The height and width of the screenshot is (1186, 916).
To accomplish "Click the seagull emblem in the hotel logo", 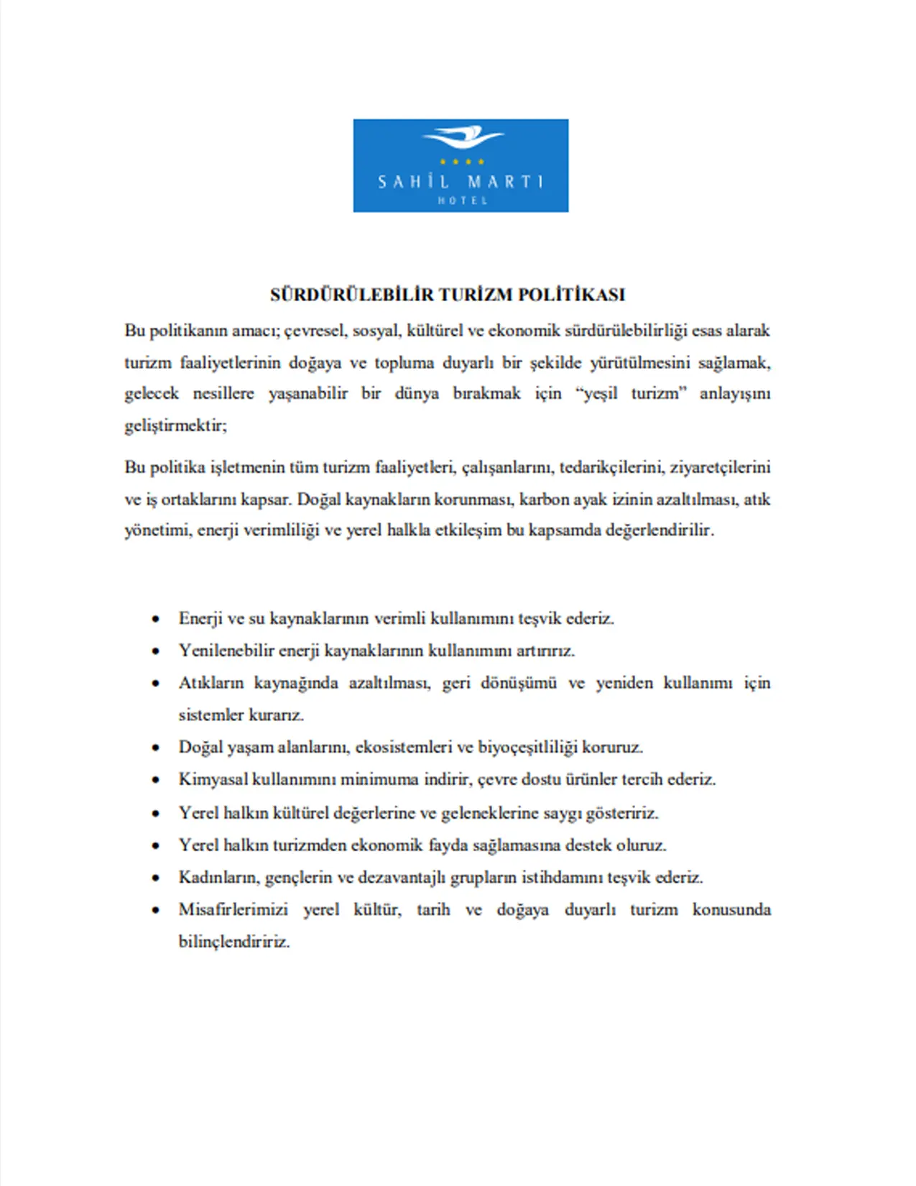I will point(463,137).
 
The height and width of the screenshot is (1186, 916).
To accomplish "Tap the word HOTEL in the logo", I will point(463,201).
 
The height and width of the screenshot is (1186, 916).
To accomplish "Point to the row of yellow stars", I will point(462,162).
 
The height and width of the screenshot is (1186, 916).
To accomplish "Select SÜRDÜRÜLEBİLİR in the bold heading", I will point(352,295).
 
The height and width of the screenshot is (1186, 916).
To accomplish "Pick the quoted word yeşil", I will point(599,394).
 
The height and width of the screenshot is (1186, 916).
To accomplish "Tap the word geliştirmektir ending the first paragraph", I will point(175,426).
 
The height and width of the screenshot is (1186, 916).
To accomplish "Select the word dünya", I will point(417,394).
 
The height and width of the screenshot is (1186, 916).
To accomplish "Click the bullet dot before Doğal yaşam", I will point(156,748).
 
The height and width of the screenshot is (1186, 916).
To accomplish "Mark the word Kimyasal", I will point(213,779).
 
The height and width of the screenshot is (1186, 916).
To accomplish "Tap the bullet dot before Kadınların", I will point(156,878).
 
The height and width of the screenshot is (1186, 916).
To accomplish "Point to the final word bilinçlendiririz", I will point(234,942).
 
